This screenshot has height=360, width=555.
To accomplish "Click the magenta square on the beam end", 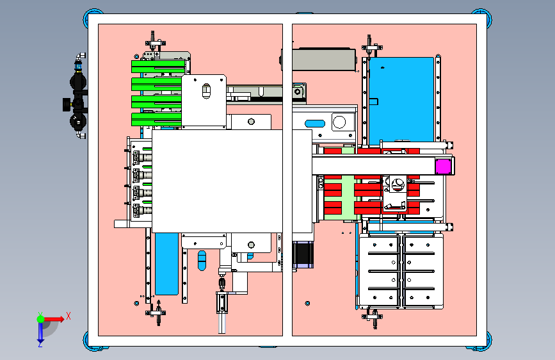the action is pyautogui.click(x=443, y=167).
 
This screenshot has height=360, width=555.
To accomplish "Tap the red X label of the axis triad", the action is pyautogui.click(x=68, y=316).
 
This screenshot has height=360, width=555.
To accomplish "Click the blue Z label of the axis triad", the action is pyautogui.click(x=40, y=343).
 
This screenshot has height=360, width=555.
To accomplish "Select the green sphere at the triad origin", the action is pyautogui.click(x=41, y=319).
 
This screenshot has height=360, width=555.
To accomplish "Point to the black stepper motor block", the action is pyautogui.click(x=303, y=254).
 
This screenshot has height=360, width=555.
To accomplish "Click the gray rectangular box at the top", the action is pyautogui.click(x=323, y=59).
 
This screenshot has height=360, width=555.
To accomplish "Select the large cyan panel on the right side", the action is pyautogui.click(x=401, y=101).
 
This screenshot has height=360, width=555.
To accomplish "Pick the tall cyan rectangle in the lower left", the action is pyautogui.click(x=166, y=264).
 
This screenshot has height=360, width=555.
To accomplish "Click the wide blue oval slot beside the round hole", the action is pyautogui.click(x=315, y=124).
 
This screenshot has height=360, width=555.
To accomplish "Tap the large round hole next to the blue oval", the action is pyautogui.click(x=339, y=122).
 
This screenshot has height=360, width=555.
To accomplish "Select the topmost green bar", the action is pyautogui.click(x=158, y=67).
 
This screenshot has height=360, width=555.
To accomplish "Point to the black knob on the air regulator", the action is pyautogui.click(x=66, y=104).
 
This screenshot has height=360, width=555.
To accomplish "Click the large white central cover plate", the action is pyautogui.click(x=217, y=181).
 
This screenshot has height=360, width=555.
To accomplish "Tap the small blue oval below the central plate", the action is pyautogui.click(x=202, y=261).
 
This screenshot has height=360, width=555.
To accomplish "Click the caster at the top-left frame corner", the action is pyautogui.click(x=93, y=17).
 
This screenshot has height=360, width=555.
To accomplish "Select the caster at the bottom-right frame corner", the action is pyautogui.click(x=482, y=341).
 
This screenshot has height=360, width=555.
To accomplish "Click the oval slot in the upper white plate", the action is pyautogui.click(x=206, y=91).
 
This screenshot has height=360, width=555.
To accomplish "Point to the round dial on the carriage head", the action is pyautogui.click(x=398, y=184).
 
